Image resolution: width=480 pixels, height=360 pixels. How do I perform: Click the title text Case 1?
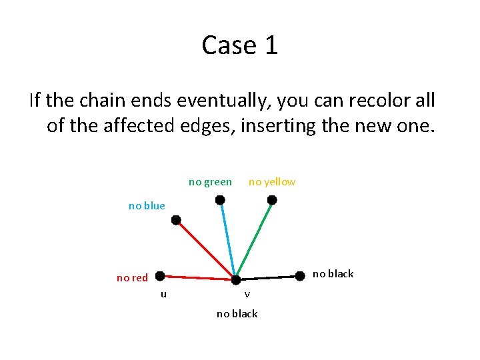point(240,45)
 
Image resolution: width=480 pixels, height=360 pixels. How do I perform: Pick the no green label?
point(210,182)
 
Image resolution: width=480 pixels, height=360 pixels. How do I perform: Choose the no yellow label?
point(272,182)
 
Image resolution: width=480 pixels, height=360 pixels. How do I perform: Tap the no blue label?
point(147,206)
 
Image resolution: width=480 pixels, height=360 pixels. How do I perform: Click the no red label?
point(132,278)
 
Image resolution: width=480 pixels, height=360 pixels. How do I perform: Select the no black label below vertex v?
point(237,314)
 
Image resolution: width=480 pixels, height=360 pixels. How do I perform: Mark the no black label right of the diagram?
point(333,274)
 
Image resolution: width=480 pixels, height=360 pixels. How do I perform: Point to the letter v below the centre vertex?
point(247,294)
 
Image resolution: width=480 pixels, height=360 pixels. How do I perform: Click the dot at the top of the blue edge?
point(219,199)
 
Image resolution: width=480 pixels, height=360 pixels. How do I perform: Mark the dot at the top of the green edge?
point(272,199)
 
